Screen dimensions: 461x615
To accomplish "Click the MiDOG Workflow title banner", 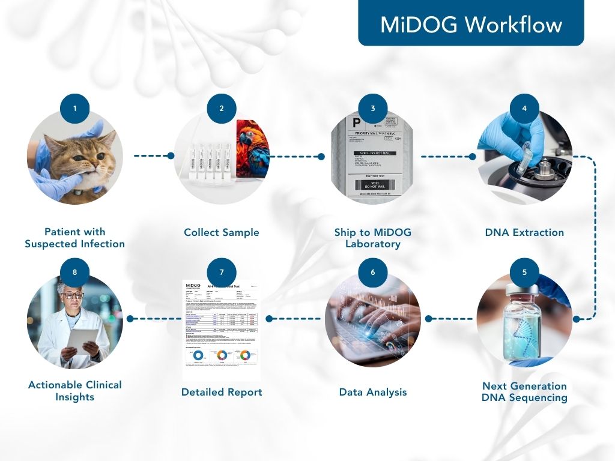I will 471,24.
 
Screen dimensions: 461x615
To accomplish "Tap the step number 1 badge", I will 75,109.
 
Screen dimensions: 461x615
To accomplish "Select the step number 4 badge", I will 524,109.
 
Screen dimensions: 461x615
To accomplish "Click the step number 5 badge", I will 524,272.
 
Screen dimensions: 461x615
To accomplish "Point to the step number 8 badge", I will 75,272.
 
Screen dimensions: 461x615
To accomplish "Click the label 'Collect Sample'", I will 222,232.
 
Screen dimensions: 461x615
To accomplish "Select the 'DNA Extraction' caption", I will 524,232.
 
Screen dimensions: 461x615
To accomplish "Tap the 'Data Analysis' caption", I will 373,393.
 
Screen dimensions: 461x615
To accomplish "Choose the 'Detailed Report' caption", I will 222,393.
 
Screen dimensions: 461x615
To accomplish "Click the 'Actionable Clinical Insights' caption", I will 75,391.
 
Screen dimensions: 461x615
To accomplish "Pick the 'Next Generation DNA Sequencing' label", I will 524,392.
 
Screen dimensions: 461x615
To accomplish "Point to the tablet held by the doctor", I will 81,339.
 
